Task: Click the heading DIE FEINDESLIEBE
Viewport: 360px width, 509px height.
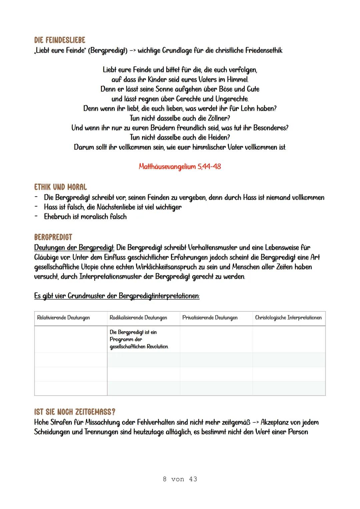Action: [60, 40]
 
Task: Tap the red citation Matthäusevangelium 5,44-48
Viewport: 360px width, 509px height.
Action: [180, 166]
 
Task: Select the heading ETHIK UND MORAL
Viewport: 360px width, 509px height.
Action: [60, 187]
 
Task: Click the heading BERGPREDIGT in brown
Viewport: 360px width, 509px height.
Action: [53, 237]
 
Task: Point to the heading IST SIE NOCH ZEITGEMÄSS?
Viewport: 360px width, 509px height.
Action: [75, 412]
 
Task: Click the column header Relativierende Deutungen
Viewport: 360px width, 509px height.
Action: [63, 318]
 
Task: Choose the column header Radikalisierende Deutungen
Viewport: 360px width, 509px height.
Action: [138, 318]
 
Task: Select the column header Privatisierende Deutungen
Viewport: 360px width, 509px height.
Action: [210, 318]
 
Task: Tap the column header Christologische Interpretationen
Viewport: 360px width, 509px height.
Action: [288, 318]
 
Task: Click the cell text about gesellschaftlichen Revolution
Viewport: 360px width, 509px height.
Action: [139, 339]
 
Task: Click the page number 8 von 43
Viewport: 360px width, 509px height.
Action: [180, 479]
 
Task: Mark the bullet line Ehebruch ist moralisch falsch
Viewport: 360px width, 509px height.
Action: [85, 217]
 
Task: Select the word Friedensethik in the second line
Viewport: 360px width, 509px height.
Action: [264, 51]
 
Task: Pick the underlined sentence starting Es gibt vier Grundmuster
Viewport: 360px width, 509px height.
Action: [117, 296]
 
